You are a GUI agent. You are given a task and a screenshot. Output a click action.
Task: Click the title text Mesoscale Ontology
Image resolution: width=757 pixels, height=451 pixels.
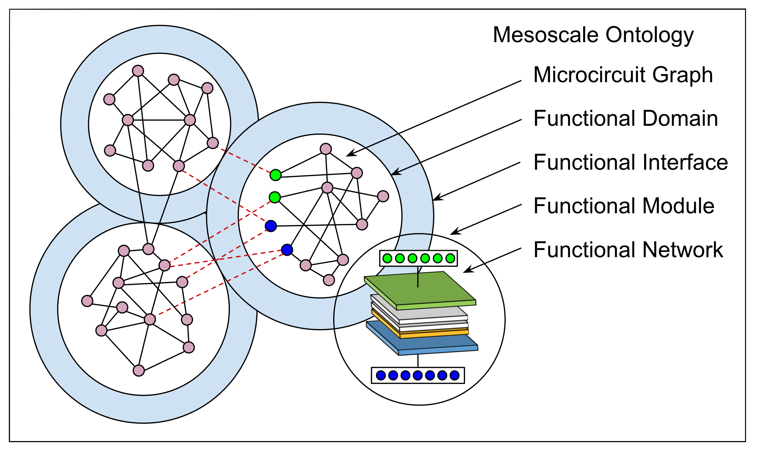click(593, 35)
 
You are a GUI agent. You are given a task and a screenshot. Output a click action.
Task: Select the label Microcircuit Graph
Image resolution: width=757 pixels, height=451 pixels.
click(623, 75)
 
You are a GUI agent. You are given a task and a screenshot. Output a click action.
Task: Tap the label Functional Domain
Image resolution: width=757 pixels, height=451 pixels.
click(626, 118)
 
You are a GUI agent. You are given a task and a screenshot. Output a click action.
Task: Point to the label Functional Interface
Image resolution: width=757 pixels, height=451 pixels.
click(631, 162)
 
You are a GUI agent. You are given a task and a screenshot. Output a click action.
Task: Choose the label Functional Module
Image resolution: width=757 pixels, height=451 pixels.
click(624, 206)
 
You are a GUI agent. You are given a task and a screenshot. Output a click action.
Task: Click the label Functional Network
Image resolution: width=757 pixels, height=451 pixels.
click(628, 250)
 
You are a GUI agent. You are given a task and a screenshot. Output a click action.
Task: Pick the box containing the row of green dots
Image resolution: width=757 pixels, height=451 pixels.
click(419, 258)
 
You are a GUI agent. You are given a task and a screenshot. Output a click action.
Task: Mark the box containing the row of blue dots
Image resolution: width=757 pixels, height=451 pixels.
click(418, 375)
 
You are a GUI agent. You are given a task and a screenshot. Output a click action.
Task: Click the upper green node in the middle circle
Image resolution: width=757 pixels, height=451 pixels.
click(275, 175)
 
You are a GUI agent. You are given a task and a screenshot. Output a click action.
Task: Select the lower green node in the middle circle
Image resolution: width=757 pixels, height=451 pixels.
click(275, 197)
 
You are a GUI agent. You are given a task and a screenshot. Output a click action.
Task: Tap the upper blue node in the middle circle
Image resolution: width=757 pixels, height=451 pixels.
click(271, 226)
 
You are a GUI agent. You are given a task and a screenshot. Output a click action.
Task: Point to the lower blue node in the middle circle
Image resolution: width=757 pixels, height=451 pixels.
click(287, 250)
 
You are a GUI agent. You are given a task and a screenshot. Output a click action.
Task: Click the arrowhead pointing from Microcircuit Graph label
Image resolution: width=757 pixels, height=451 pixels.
click(349, 154)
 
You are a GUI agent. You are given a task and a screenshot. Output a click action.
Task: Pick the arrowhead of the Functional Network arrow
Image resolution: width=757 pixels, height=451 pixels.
click(466, 271)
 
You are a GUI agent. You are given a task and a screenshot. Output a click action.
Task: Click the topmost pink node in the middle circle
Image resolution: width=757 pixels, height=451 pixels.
click(326, 149)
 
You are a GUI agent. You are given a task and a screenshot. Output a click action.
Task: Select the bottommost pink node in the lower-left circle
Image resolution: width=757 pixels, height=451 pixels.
click(139, 371)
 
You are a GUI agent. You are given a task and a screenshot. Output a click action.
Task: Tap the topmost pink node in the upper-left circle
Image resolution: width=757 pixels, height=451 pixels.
click(138, 71)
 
